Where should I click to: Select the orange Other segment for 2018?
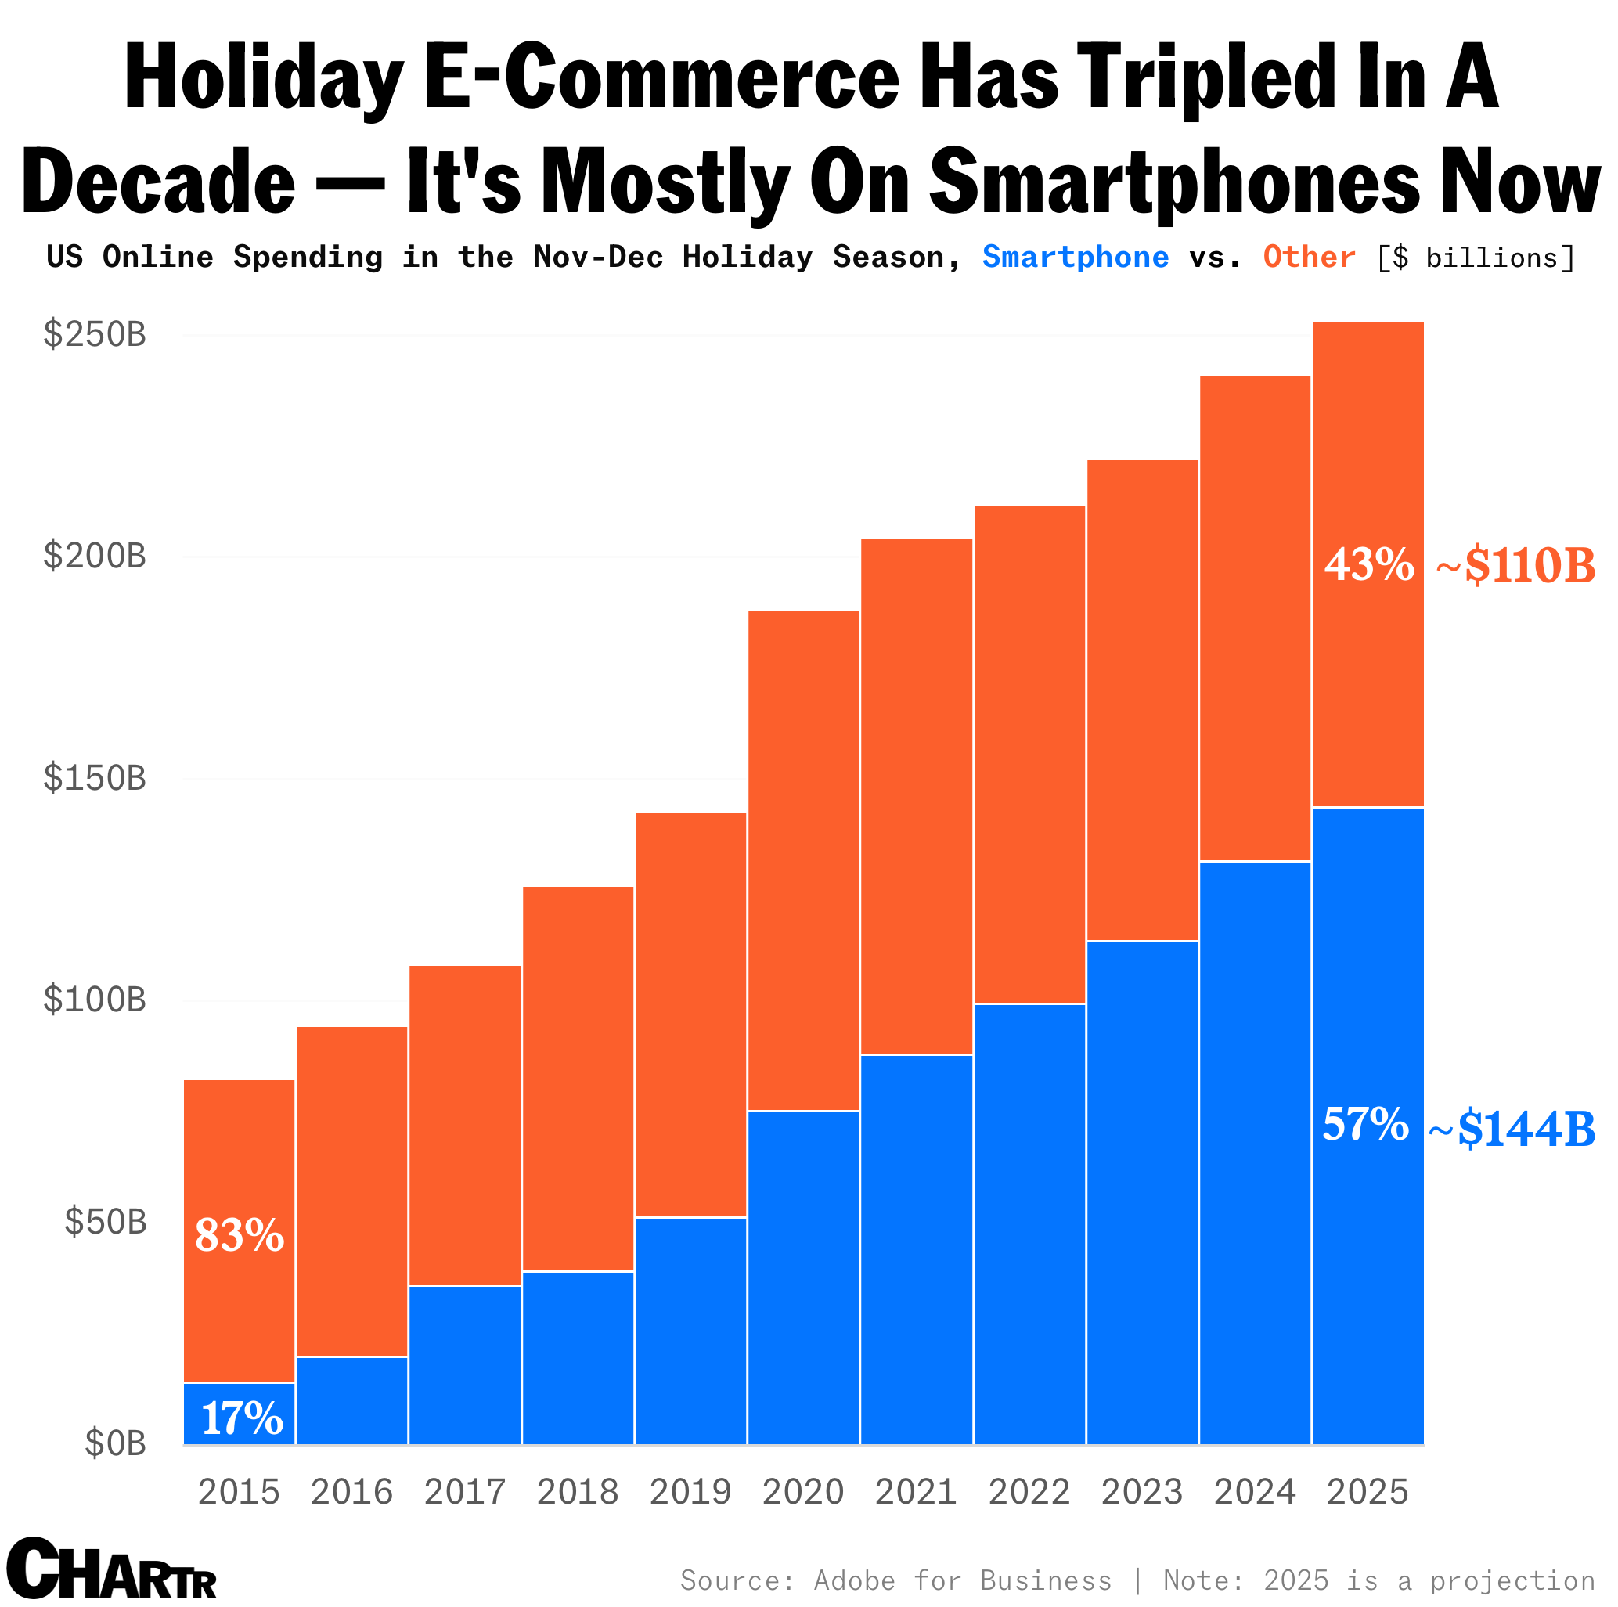tap(578, 1079)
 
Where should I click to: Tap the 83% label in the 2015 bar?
tap(240, 1235)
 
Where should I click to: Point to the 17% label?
tap(242, 1418)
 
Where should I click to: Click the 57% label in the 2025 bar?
tap(1365, 1124)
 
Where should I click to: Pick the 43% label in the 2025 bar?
tap(1368, 564)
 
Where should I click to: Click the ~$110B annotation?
tap(1515, 567)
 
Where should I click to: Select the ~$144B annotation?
tap(1512, 1129)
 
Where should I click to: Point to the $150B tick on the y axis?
tap(95, 779)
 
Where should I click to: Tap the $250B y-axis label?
tap(95, 335)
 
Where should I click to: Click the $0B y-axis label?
tap(115, 1443)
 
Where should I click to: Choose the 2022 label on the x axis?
tap(1029, 1492)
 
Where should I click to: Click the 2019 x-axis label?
tap(690, 1492)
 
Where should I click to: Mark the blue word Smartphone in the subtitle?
tap(1076, 257)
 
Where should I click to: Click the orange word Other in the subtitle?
tap(1309, 257)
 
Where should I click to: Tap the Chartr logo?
tap(110, 1568)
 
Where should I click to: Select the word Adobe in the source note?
tap(854, 1580)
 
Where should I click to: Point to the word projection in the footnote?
tap(1512, 1580)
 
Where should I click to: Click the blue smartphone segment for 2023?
tap(1142, 1192)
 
